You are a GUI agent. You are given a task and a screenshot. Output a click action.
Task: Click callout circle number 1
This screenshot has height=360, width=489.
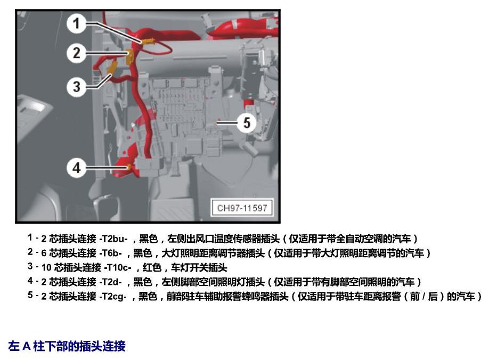(76, 23)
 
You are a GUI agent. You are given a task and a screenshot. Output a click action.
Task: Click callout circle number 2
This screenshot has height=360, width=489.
(76, 53)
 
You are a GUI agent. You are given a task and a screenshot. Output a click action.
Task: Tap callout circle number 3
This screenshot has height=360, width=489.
(76, 87)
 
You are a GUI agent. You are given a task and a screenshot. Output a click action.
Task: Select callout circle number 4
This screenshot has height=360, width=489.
(76, 168)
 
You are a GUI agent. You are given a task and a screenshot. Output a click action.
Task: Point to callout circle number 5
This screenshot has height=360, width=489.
(247, 123)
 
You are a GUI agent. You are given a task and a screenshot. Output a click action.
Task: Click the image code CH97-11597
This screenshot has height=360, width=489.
(242, 208)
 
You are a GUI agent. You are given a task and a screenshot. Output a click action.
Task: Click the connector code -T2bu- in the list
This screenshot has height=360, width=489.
(113, 239)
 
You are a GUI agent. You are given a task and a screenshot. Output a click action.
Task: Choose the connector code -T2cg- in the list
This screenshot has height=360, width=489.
(113, 296)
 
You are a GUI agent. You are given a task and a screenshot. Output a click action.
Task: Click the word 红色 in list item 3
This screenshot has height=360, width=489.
(152, 267)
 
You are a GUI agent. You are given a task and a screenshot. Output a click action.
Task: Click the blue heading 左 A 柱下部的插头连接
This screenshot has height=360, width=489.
(67, 346)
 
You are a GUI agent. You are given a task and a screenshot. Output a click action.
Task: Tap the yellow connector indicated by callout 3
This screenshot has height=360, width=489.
(112, 69)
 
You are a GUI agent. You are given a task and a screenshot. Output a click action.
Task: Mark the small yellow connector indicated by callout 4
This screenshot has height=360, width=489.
(128, 167)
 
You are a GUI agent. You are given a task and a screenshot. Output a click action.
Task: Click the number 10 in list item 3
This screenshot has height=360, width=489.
(46, 267)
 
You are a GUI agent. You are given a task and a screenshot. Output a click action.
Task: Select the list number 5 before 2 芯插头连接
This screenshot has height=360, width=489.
(30, 295)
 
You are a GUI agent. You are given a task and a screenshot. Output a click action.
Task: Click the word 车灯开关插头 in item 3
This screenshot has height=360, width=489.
(199, 267)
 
